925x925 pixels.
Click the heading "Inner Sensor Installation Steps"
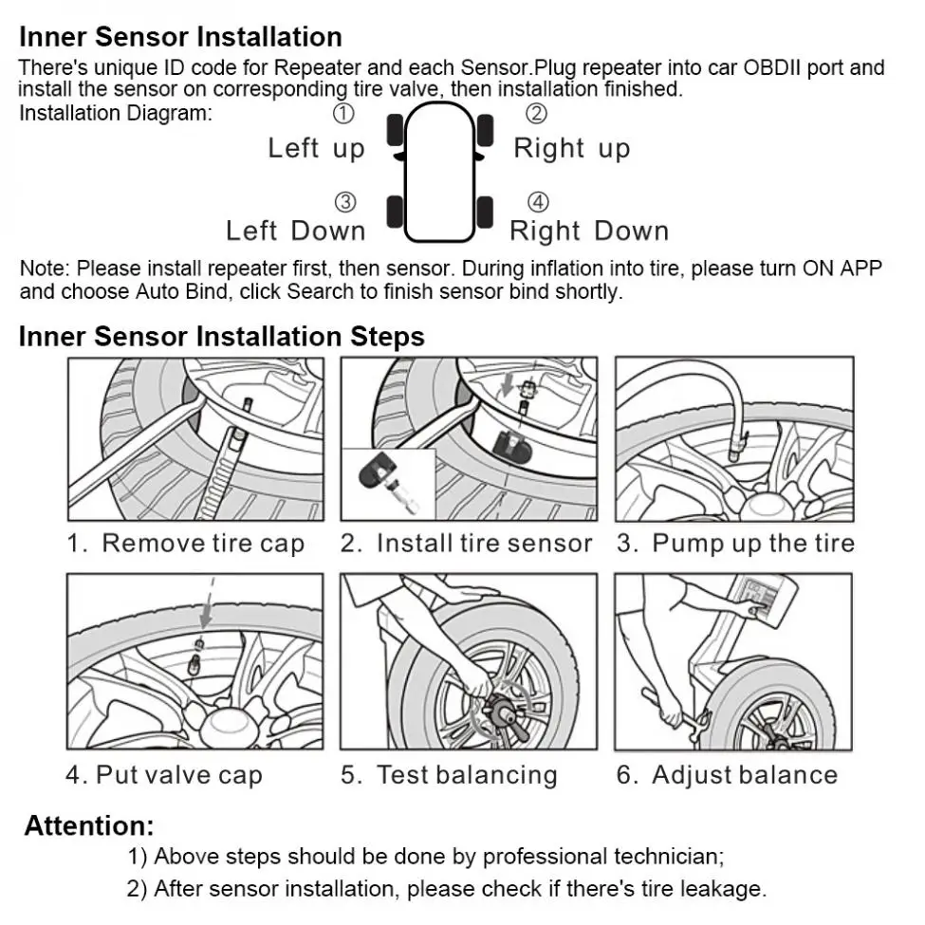(x=222, y=337)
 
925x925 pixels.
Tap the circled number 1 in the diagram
(x=344, y=113)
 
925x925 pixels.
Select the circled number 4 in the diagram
(x=537, y=202)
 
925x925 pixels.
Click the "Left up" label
(x=317, y=149)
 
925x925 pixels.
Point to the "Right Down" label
(x=589, y=231)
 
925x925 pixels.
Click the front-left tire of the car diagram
(x=395, y=130)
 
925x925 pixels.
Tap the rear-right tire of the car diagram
(x=485, y=213)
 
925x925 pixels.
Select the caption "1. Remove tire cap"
(x=186, y=544)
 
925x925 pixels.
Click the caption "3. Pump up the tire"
(x=735, y=544)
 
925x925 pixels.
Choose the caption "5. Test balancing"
(x=449, y=775)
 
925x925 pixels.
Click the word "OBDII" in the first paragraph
(x=772, y=68)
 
